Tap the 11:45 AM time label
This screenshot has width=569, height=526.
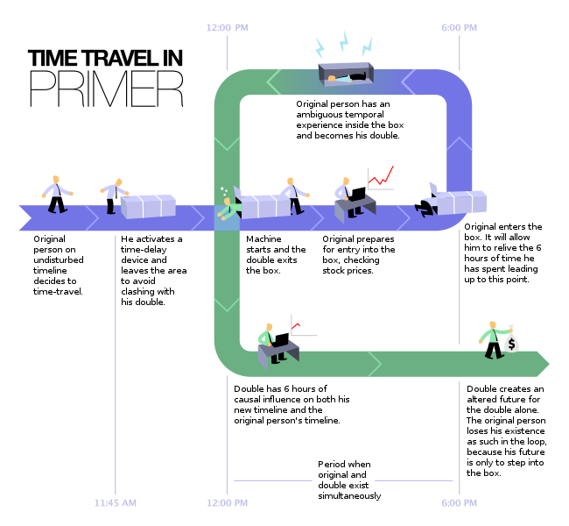pos(116,503)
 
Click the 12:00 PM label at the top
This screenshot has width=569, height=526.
pos(227,28)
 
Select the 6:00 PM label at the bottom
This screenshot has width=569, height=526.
pos(460,503)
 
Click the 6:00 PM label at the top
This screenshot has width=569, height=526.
pos(460,28)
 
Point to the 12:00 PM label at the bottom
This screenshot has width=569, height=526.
pos(227,503)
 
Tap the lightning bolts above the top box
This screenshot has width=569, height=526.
pos(345,43)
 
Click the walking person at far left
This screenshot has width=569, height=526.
pos(57,195)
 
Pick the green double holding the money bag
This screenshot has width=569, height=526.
pos(491,341)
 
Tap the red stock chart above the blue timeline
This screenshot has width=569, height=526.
pos(381,178)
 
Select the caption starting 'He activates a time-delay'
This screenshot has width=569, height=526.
pos(151,270)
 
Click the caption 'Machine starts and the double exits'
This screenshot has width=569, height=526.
pos(276,254)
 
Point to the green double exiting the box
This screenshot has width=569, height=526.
pos(228,205)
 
